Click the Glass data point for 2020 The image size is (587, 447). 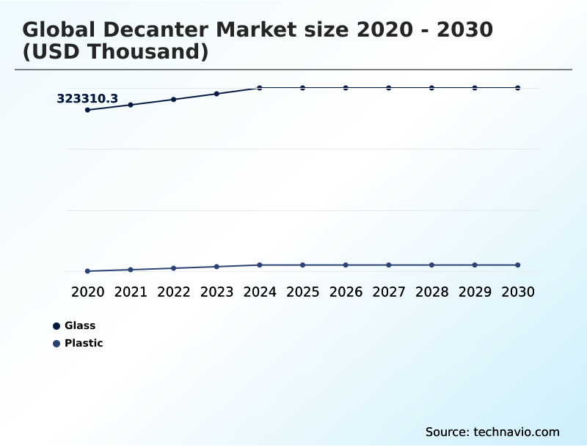click(87, 110)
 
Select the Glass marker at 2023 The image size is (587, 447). click(216, 94)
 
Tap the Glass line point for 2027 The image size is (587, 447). click(389, 88)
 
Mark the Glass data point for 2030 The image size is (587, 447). click(517, 88)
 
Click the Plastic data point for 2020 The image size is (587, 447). click(87, 271)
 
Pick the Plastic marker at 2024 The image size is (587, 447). click(260, 265)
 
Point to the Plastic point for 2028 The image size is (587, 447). click(431, 265)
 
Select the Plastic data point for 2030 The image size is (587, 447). click(517, 265)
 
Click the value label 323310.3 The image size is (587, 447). click(87, 98)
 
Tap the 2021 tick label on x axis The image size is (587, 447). click(131, 292)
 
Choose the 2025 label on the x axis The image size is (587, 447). click(302, 292)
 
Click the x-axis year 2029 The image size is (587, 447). click(475, 292)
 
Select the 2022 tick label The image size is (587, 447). click(174, 292)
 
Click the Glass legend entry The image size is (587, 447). click(79, 325)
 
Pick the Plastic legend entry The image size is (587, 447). click(83, 343)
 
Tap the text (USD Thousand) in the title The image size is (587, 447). click(115, 52)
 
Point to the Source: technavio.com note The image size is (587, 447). click(492, 432)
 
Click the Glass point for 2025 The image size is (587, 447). click(302, 88)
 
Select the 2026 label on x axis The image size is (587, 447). click(346, 292)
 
